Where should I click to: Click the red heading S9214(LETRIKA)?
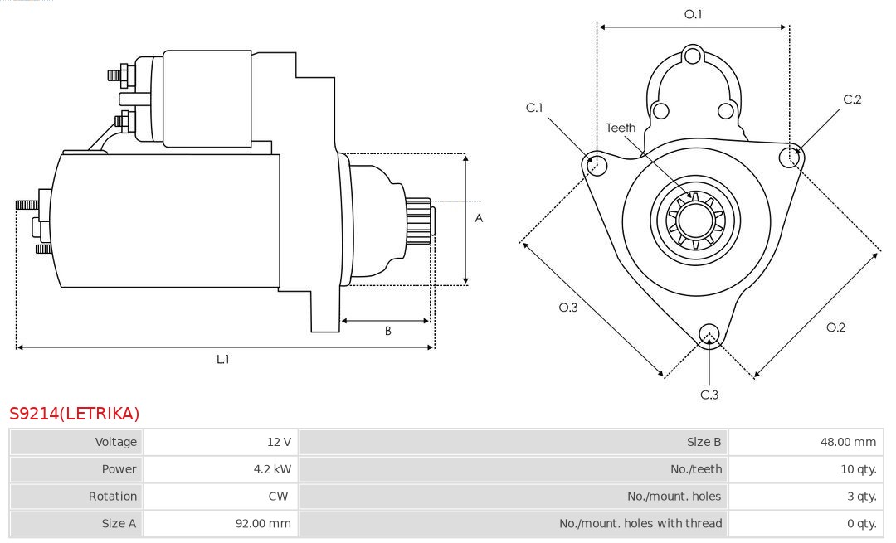[75, 413]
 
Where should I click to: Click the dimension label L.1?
[222, 359]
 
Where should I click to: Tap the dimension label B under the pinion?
[387, 331]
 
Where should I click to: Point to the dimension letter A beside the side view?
[479, 219]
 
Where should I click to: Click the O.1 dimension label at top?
[693, 14]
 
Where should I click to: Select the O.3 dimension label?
[567, 307]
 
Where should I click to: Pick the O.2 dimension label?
[835, 327]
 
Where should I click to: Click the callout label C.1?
[534, 108]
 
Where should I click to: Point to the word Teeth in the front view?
[621, 128]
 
